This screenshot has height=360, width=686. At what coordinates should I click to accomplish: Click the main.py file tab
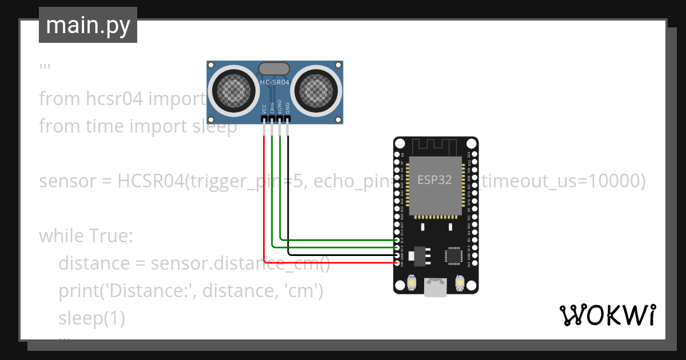[87, 25]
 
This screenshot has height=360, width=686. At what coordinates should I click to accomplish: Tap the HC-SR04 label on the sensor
[275, 82]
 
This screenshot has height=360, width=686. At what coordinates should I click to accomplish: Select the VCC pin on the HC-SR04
[264, 119]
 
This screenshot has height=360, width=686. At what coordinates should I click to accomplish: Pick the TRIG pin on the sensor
[272, 119]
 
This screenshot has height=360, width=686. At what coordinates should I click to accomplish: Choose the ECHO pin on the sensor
[280, 119]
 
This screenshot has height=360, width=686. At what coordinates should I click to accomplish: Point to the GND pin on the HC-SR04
[288, 119]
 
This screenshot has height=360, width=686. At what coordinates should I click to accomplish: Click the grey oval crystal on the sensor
[275, 69]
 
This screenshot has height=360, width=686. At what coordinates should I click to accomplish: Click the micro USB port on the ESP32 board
[436, 287]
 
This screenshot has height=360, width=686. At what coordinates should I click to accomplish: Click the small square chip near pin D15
[454, 255]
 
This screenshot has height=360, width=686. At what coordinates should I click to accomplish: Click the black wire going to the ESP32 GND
[343, 255]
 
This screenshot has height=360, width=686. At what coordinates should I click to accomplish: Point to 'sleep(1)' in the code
[91, 318]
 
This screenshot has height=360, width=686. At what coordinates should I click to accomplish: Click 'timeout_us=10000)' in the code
[563, 181]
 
